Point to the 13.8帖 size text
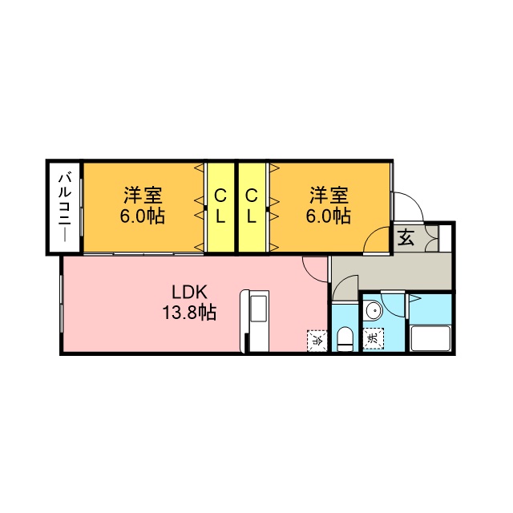pos(190,313)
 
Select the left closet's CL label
pos(220,207)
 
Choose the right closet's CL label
pos(252,207)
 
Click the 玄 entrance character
pos(405,237)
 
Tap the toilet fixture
pos(345,338)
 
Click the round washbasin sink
pos(373,311)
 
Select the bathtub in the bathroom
pos(431,337)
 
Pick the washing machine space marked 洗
pos(374,340)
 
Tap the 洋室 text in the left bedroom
pos(143,195)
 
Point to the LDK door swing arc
pos(315,268)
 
